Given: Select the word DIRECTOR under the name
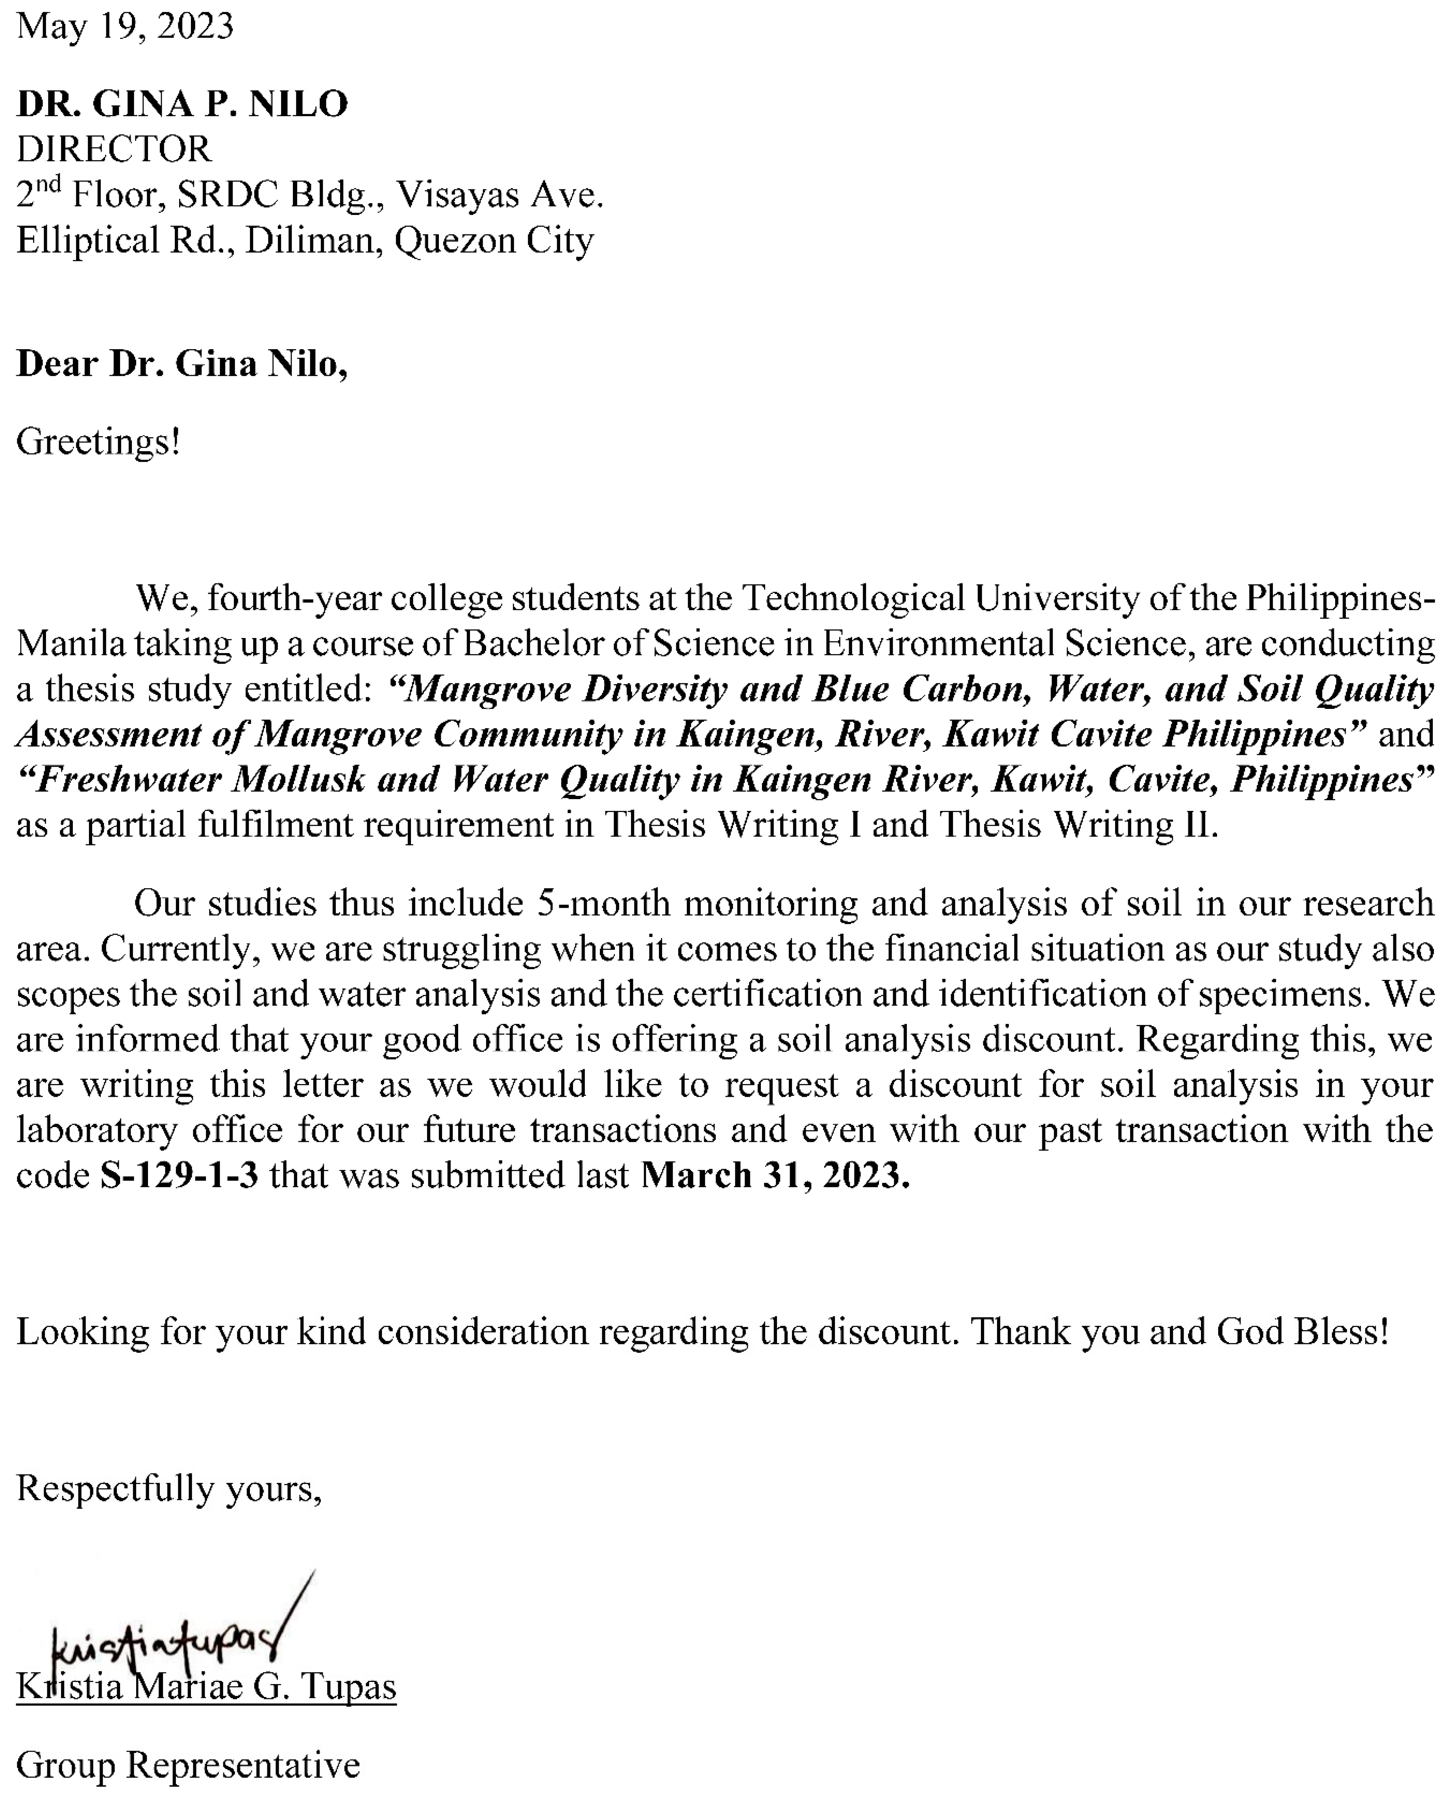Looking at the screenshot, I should pos(114,149).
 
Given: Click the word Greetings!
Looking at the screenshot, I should pos(98,442).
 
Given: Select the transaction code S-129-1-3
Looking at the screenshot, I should pos(179,1176).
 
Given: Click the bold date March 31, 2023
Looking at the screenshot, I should pos(775,1176).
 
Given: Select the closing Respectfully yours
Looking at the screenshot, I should pos(168,1488).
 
